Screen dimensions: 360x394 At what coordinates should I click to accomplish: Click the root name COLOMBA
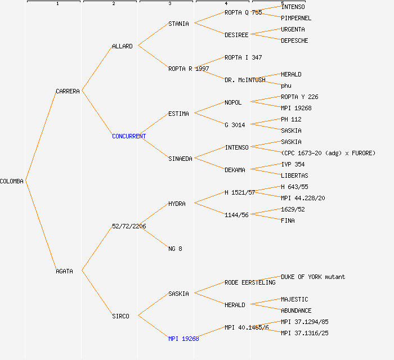click(12, 181)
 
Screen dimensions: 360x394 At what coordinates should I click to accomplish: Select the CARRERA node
click(68, 91)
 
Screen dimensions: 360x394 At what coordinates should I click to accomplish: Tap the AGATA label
click(64, 271)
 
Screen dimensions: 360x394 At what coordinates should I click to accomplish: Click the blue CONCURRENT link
click(129, 136)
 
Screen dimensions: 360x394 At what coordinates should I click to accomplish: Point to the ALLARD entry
click(122, 46)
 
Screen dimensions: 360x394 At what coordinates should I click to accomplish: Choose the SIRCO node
click(120, 316)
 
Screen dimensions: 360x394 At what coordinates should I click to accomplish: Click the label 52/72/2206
click(129, 226)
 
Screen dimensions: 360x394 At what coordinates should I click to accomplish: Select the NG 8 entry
click(175, 249)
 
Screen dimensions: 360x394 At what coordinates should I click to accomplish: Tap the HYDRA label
click(177, 204)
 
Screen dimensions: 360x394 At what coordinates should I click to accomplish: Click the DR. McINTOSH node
click(245, 80)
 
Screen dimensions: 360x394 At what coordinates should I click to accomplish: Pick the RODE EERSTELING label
click(249, 282)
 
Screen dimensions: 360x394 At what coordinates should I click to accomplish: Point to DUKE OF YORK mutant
click(313, 277)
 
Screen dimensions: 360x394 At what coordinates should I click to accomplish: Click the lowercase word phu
click(286, 85)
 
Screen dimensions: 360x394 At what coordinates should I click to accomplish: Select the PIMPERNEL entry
click(296, 18)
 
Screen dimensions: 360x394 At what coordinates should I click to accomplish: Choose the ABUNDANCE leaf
click(296, 310)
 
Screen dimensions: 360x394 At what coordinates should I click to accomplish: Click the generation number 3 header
click(169, 4)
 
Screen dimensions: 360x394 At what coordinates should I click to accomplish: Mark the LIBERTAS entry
click(294, 175)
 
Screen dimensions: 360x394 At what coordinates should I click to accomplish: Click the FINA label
click(288, 220)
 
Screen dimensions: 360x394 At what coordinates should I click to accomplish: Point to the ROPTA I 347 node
click(243, 57)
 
